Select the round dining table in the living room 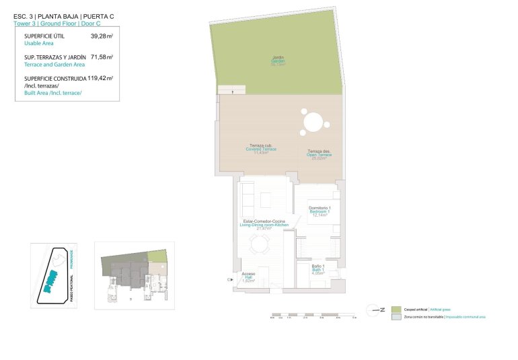(x=259, y=245)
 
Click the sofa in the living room (x=247, y=197)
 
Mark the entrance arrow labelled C (x=231, y=278)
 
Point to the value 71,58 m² (x=101, y=58)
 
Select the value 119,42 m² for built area (x=100, y=79)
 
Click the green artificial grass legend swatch (x=396, y=308)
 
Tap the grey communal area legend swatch (x=396, y=316)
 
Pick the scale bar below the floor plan (x=314, y=314)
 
